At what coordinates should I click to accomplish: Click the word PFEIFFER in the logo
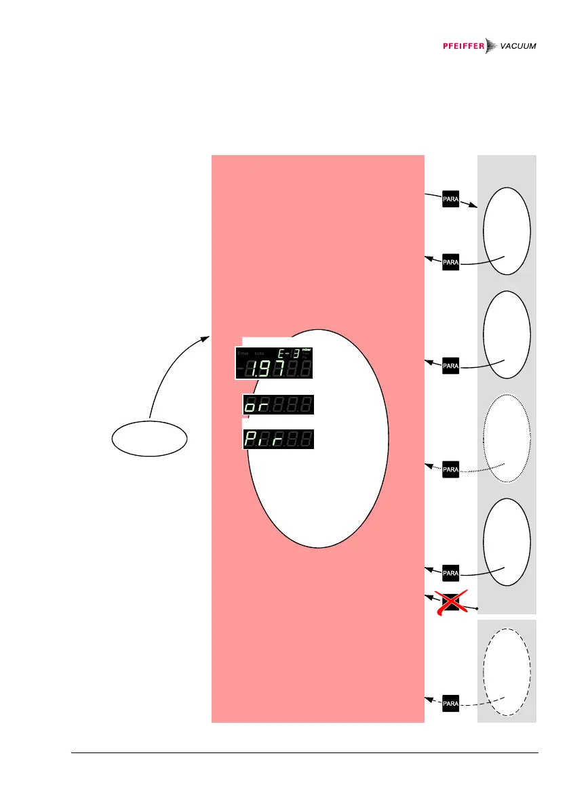click(x=460, y=46)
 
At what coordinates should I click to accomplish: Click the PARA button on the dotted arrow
click(x=451, y=468)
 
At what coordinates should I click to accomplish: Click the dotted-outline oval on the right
click(x=506, y=440)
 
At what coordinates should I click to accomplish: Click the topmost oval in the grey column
click(x=506, y=230)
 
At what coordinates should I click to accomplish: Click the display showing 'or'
click(x=278, y=405)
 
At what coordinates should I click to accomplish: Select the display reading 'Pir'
click(x=278, y=440)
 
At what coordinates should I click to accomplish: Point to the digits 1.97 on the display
click(x=267, y=369)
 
